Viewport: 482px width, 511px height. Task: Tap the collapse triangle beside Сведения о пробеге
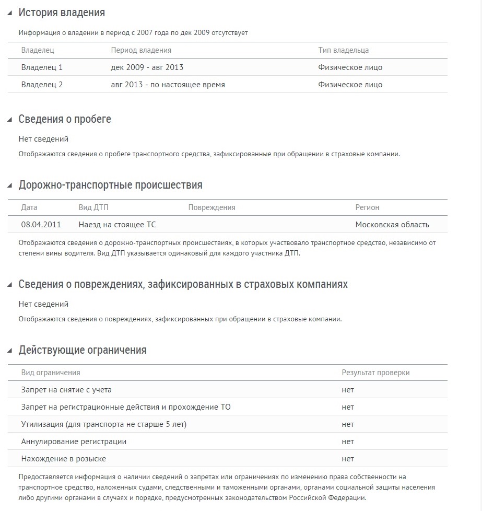pos(9,119)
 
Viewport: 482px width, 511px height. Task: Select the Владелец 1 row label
pos(42,67)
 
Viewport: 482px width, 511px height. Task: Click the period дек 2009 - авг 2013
pos(147,67)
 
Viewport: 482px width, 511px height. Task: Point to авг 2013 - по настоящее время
pos(168,85)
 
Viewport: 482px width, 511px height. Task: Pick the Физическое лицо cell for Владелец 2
pos(350,85)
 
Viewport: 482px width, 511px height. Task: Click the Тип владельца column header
pos(343,50)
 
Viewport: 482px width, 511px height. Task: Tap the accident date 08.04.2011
pos(41,225)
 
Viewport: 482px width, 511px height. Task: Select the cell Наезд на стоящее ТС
pos(117,225)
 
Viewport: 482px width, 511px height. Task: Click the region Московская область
pos(392,225)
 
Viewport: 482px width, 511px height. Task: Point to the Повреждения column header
pos(211,207)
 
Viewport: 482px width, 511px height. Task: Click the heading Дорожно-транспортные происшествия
pos(110,185)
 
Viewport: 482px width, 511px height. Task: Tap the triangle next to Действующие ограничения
pos(9,351)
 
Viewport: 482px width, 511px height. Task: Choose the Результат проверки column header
pos(375,373)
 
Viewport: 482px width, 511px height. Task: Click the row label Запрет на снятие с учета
pos(66,390)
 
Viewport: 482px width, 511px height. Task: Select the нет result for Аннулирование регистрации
pos(348,442)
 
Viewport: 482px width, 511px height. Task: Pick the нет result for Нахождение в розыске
pos(348,459)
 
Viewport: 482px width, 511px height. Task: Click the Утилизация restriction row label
pos(103,424)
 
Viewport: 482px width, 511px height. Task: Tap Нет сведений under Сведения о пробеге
pos(43,139)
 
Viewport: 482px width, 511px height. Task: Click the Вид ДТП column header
pos(93,207)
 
